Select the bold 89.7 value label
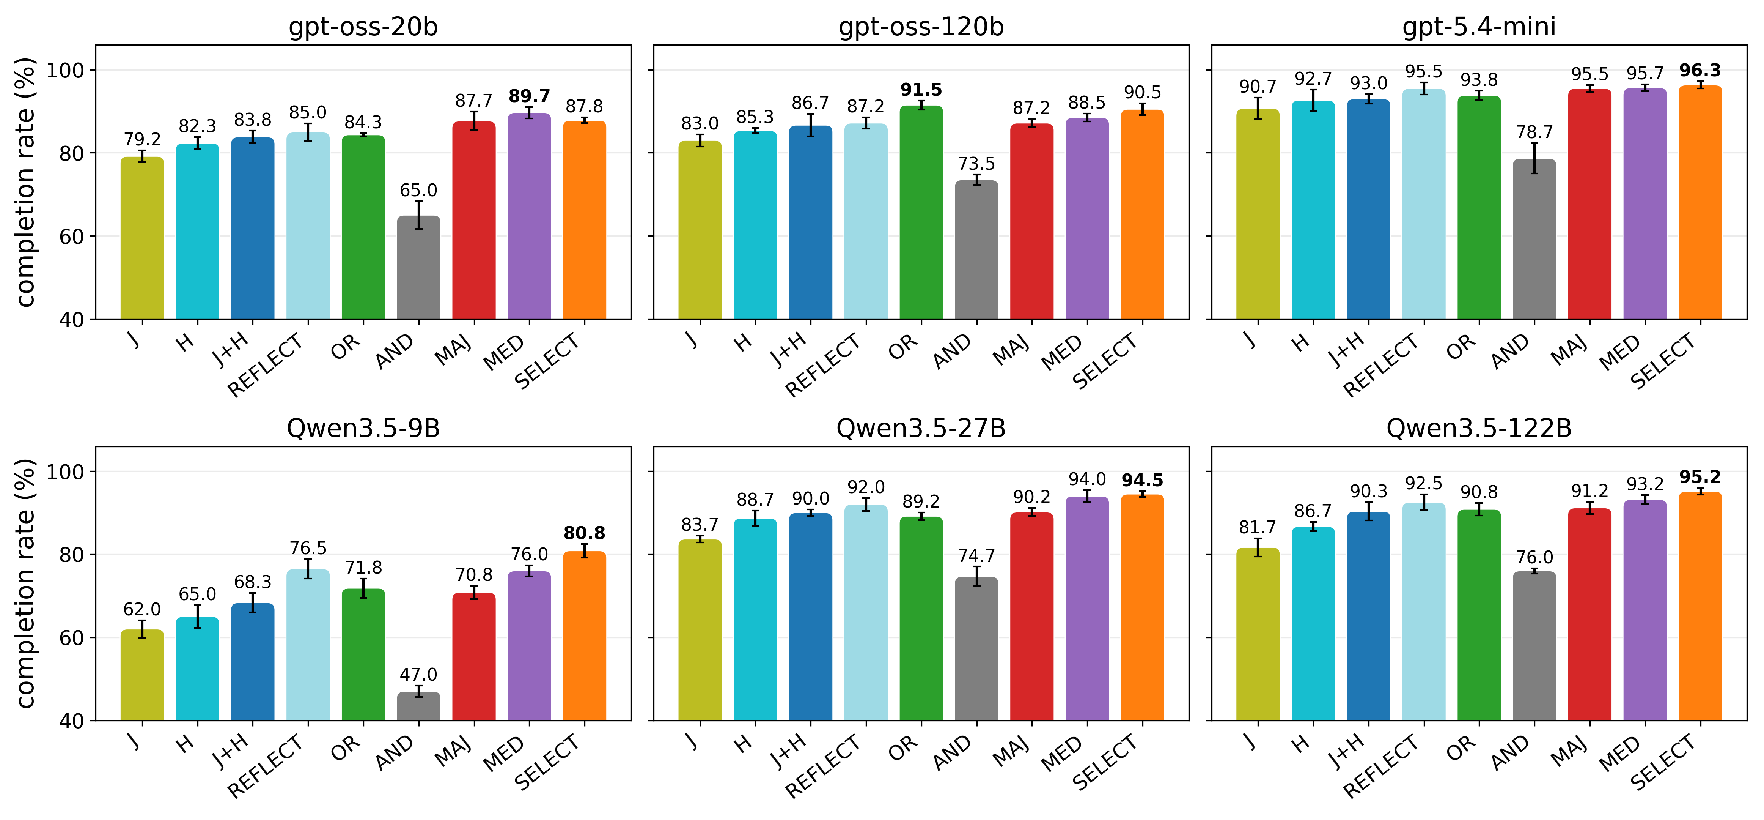[x=529, y=96]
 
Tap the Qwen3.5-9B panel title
[x=363, y=428]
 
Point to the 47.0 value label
[x=418, y=675]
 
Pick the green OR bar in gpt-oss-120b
[x=921, y=212]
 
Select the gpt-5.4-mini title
[x=1479, y=27]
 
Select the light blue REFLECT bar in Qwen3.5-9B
[x=308, y=645]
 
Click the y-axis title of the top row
[x=25, y=182]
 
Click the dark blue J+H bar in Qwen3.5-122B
[x=1368, y=616]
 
